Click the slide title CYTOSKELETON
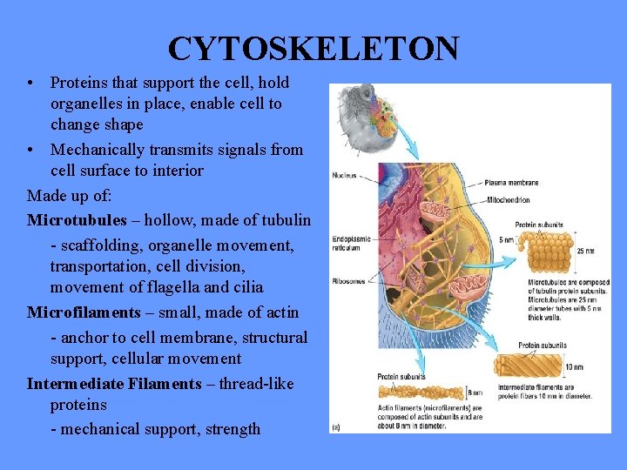click(x=313, y=49)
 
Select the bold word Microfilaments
click(x=84, y=312)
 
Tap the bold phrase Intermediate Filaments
click(x=113, y=384)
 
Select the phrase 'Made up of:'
click(x=69, y=194)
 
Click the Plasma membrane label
click(x=512, y=183)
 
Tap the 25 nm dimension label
click(x=584, y=251)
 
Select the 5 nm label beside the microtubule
click(x=505, y=240)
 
